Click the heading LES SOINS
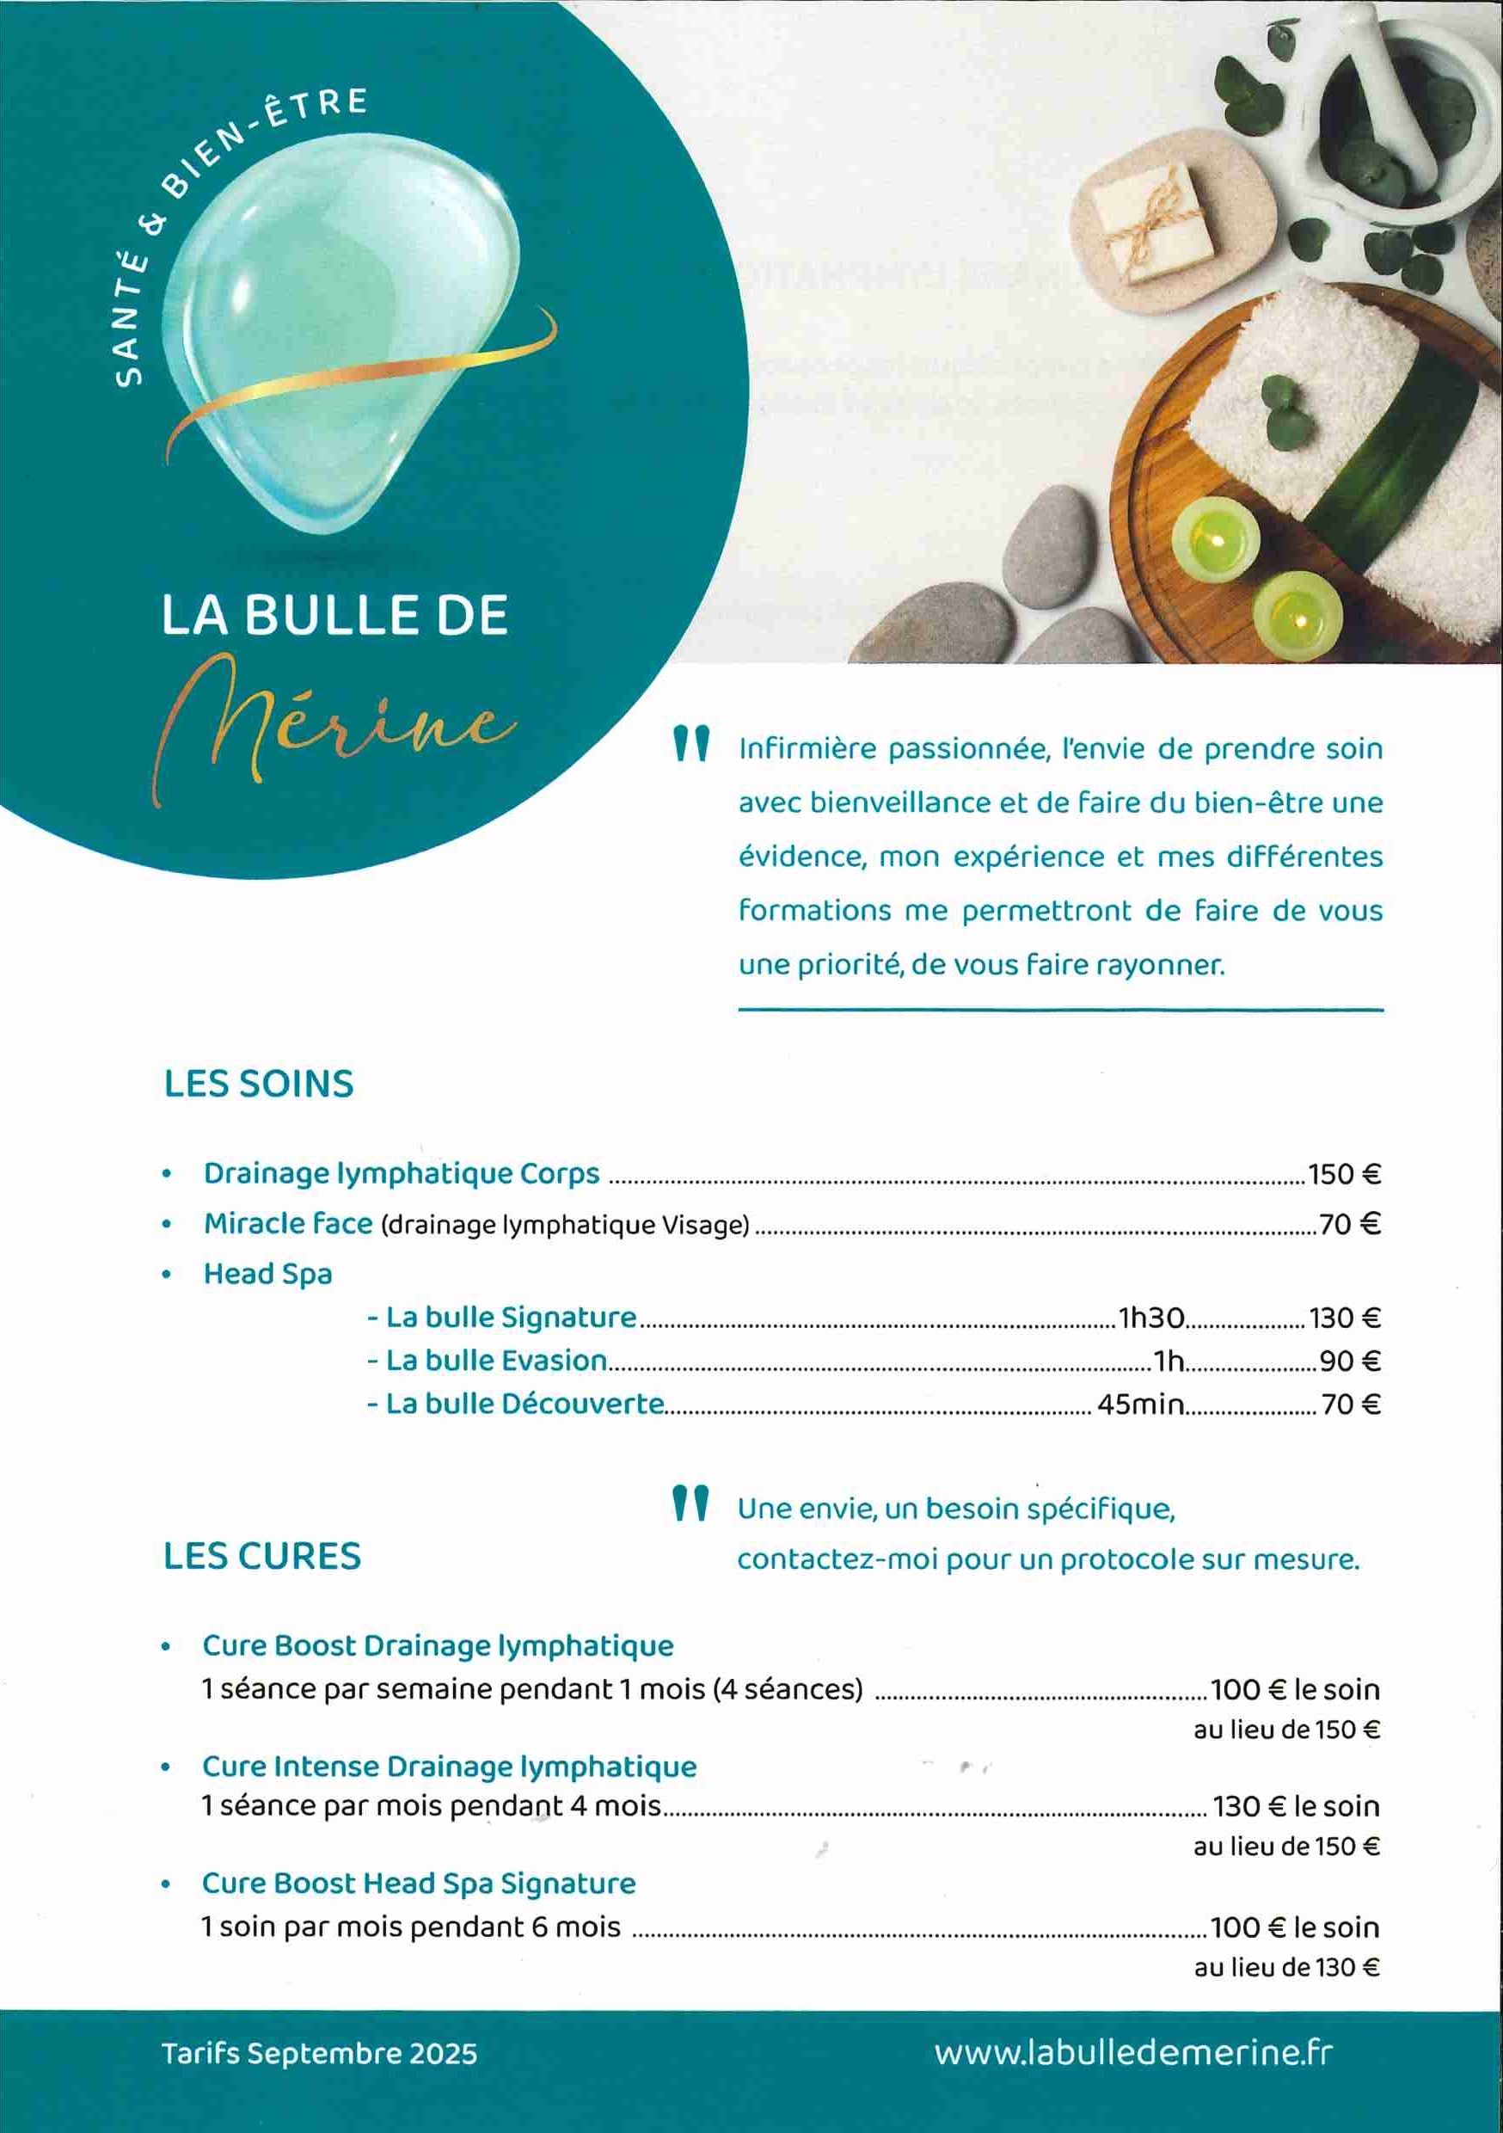[258, 1085]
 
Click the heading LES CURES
[262, 1556]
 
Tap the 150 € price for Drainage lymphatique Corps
[1344, 1174]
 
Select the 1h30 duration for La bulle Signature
[1151, 1318]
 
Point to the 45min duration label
[1140, 1404]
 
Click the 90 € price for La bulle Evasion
[1350, 1361]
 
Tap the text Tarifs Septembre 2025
[320, 2053]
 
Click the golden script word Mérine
[334, 725]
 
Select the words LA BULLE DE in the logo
[334, 615]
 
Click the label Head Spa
[267, 1274]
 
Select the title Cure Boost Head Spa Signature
[419, 1883]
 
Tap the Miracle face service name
[288, 1225]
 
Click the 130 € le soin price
[1296, 1807]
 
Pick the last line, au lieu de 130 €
[1285, 1967]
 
